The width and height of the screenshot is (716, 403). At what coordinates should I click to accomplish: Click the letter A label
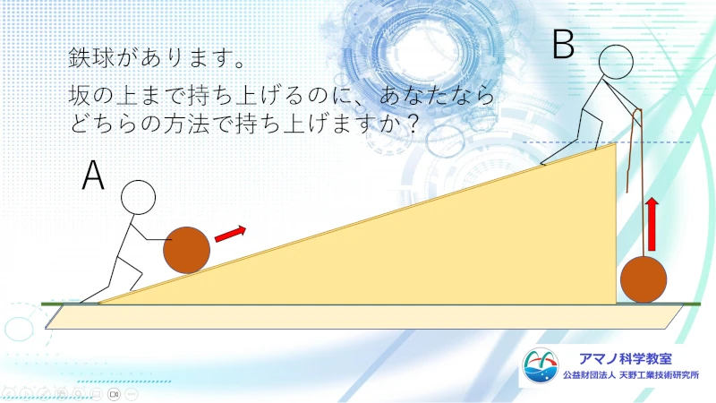pos(93,175)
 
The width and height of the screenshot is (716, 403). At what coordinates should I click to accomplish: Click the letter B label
pos(563,44)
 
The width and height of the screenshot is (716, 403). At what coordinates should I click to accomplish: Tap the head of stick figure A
pos(139,197)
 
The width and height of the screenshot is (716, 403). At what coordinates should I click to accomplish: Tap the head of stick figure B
pos(616,62)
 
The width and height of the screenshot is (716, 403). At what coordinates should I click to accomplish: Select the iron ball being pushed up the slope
pos(187,250)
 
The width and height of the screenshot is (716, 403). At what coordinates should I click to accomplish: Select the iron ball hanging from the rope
pos(644,279)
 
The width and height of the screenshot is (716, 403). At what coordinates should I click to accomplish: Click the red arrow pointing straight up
pos(652,225)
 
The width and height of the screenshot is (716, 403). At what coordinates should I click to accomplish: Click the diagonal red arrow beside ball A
pos(230,234)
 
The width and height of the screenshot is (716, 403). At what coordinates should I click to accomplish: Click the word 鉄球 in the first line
pos(91,58)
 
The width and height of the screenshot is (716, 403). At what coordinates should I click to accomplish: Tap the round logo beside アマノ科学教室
pos(541,365)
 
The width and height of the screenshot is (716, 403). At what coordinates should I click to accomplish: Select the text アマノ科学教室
pos(625,358)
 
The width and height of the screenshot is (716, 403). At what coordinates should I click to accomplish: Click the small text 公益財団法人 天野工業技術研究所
pos(631,375)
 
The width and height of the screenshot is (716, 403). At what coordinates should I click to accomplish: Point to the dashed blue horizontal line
pos(607,142)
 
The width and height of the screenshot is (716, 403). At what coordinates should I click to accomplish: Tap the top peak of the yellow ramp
pos(616,143)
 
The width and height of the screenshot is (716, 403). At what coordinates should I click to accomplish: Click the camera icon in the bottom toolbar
pos(114,393)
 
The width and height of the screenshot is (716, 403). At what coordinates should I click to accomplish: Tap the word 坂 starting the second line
pos(80,95)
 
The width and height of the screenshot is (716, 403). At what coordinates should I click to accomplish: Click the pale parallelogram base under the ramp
pos(364,317)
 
